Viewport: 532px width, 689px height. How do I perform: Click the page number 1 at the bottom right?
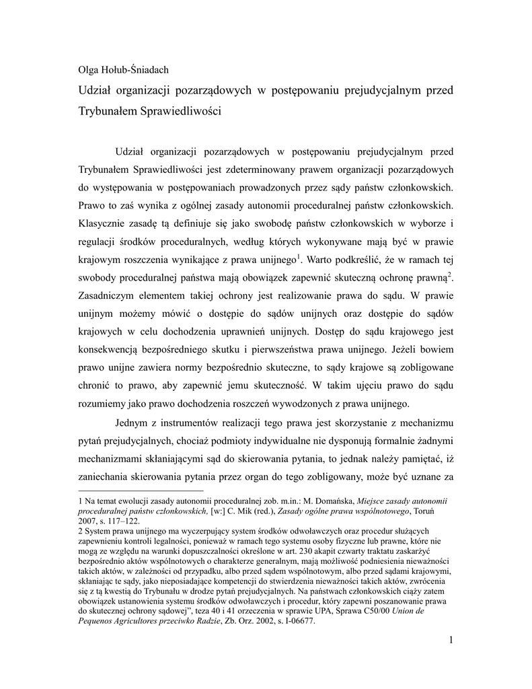pos(451,639)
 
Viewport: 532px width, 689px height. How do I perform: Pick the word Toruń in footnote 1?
pos(435,511)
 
